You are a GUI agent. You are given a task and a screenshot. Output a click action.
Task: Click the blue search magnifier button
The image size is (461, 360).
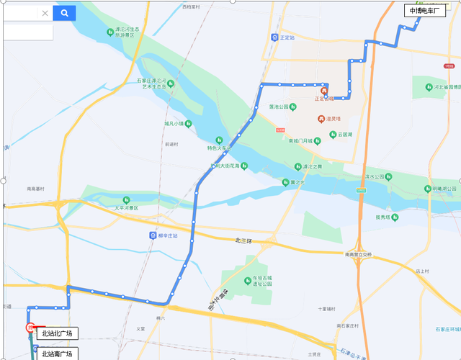pyautogui.click(x=64, y=13)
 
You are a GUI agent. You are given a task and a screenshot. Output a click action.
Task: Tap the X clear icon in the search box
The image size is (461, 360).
pyautogui.click(x=45, y=13)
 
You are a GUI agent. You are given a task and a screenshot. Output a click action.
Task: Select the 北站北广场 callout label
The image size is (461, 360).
pyautogui.click(x=56, y=333)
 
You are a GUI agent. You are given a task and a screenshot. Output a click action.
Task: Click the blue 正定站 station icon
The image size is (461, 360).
pyautogui.click(x=274, y=37)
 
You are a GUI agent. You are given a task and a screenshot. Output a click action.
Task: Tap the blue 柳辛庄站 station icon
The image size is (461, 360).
pyautogui.click(x=152, y=235)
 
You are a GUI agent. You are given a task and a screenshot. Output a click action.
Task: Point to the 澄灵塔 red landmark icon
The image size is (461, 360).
pyautogui.click(x=321, y=119)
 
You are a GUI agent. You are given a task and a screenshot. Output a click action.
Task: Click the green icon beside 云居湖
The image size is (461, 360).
pyautogui.click(x=333, y=135)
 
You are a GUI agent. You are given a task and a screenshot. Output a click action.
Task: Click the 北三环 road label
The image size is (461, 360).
pyautogui.click(x=245, y=240)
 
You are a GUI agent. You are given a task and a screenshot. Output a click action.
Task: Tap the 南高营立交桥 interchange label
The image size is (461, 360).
pyautogui.click(x=358, y=254)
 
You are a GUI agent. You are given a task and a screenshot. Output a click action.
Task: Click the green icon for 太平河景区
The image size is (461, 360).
pyautogui.click(x=126, y=199)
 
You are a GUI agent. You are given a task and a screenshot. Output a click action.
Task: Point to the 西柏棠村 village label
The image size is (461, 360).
pyautogui.click(x=191, y=6)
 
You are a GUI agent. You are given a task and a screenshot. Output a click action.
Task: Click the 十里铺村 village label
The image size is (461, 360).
pyautogui.click(x=327, y=309)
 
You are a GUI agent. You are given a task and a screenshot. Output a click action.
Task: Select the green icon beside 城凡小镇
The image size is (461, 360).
pyautogui.click(x=188, y=123)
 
